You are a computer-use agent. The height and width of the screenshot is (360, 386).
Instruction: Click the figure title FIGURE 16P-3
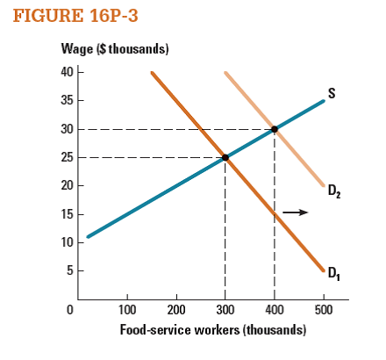pyautogui.click(x=63, y=18)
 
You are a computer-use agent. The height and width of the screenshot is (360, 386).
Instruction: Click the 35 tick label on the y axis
pyautogui.click(x=67, y=101)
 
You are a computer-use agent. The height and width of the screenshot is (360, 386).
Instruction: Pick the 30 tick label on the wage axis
pyautogui.click(x=67, y=129)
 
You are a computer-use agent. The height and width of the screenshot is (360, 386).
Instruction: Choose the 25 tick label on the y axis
pyautogui.click(x=67, y=158)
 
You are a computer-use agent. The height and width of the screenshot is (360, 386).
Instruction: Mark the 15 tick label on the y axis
pyautogui.click(x=67, y=215)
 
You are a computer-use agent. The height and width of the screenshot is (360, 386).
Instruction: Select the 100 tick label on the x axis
pyautogui.click(x=126, y=310)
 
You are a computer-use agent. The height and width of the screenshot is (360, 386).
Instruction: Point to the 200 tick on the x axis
pyautogui.click(x=175, y=310)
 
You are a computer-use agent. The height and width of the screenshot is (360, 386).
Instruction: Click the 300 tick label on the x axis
pyautogui.click(x=225, y=310)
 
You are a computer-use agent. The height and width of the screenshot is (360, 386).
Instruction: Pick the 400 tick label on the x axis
pyautogui.click(x=275, y=310)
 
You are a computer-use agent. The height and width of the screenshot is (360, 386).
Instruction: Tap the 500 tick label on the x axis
pyautogui.click(x=324, y=310)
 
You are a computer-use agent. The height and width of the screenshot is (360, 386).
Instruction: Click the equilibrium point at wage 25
pyautogui.click(x=225, y=158)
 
